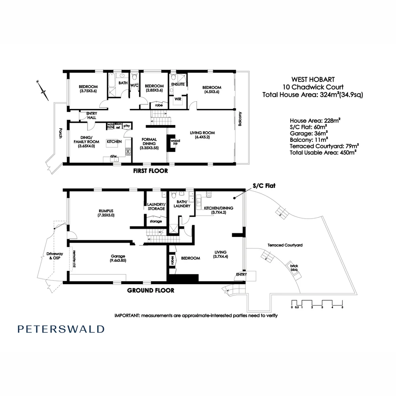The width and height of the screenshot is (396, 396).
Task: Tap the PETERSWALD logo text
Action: tap(61, 329)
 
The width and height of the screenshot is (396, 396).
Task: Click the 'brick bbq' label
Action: tap(294, 268)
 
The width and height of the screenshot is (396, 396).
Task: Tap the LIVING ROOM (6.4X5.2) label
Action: tap(202, 135)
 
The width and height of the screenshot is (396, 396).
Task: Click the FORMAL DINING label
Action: tap(149, 144)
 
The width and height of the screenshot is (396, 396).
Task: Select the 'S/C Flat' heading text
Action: tap(263, 186)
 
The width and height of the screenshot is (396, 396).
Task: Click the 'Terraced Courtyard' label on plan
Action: tap(285, 245)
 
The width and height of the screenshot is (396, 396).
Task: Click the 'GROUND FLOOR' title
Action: tap(150, 290)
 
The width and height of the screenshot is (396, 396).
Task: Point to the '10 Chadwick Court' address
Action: tap(313, 87)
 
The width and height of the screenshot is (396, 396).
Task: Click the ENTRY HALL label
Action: tap(91, 115)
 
